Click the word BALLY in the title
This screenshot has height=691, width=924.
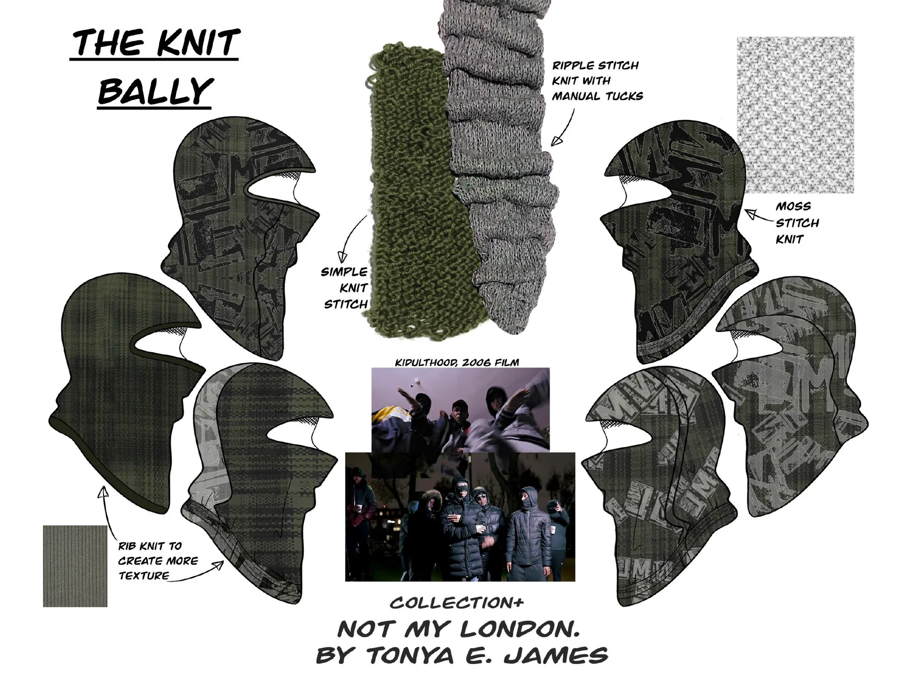click(155, 91)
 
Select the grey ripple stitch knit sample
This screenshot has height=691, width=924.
click(500, 164)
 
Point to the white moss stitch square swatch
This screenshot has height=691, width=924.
click(795, 115)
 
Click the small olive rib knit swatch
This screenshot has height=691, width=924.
click(75, 566)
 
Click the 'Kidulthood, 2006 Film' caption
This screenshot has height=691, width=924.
click(457, 362)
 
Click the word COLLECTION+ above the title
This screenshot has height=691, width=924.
click(457, 603)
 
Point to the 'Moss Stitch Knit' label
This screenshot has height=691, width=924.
click(797, 223)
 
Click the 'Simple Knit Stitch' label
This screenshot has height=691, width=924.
click(345, 288)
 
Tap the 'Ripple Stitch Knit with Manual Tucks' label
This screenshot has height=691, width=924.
click(597, 81)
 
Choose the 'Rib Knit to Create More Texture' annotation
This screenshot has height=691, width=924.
click(158, 561)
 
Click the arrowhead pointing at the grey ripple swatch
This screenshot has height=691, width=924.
click(557, 140)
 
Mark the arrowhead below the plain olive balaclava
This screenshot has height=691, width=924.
click(103, 492)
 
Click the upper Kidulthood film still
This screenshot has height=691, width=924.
click(461, 409)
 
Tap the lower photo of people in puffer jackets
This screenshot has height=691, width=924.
click(460, 517)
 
